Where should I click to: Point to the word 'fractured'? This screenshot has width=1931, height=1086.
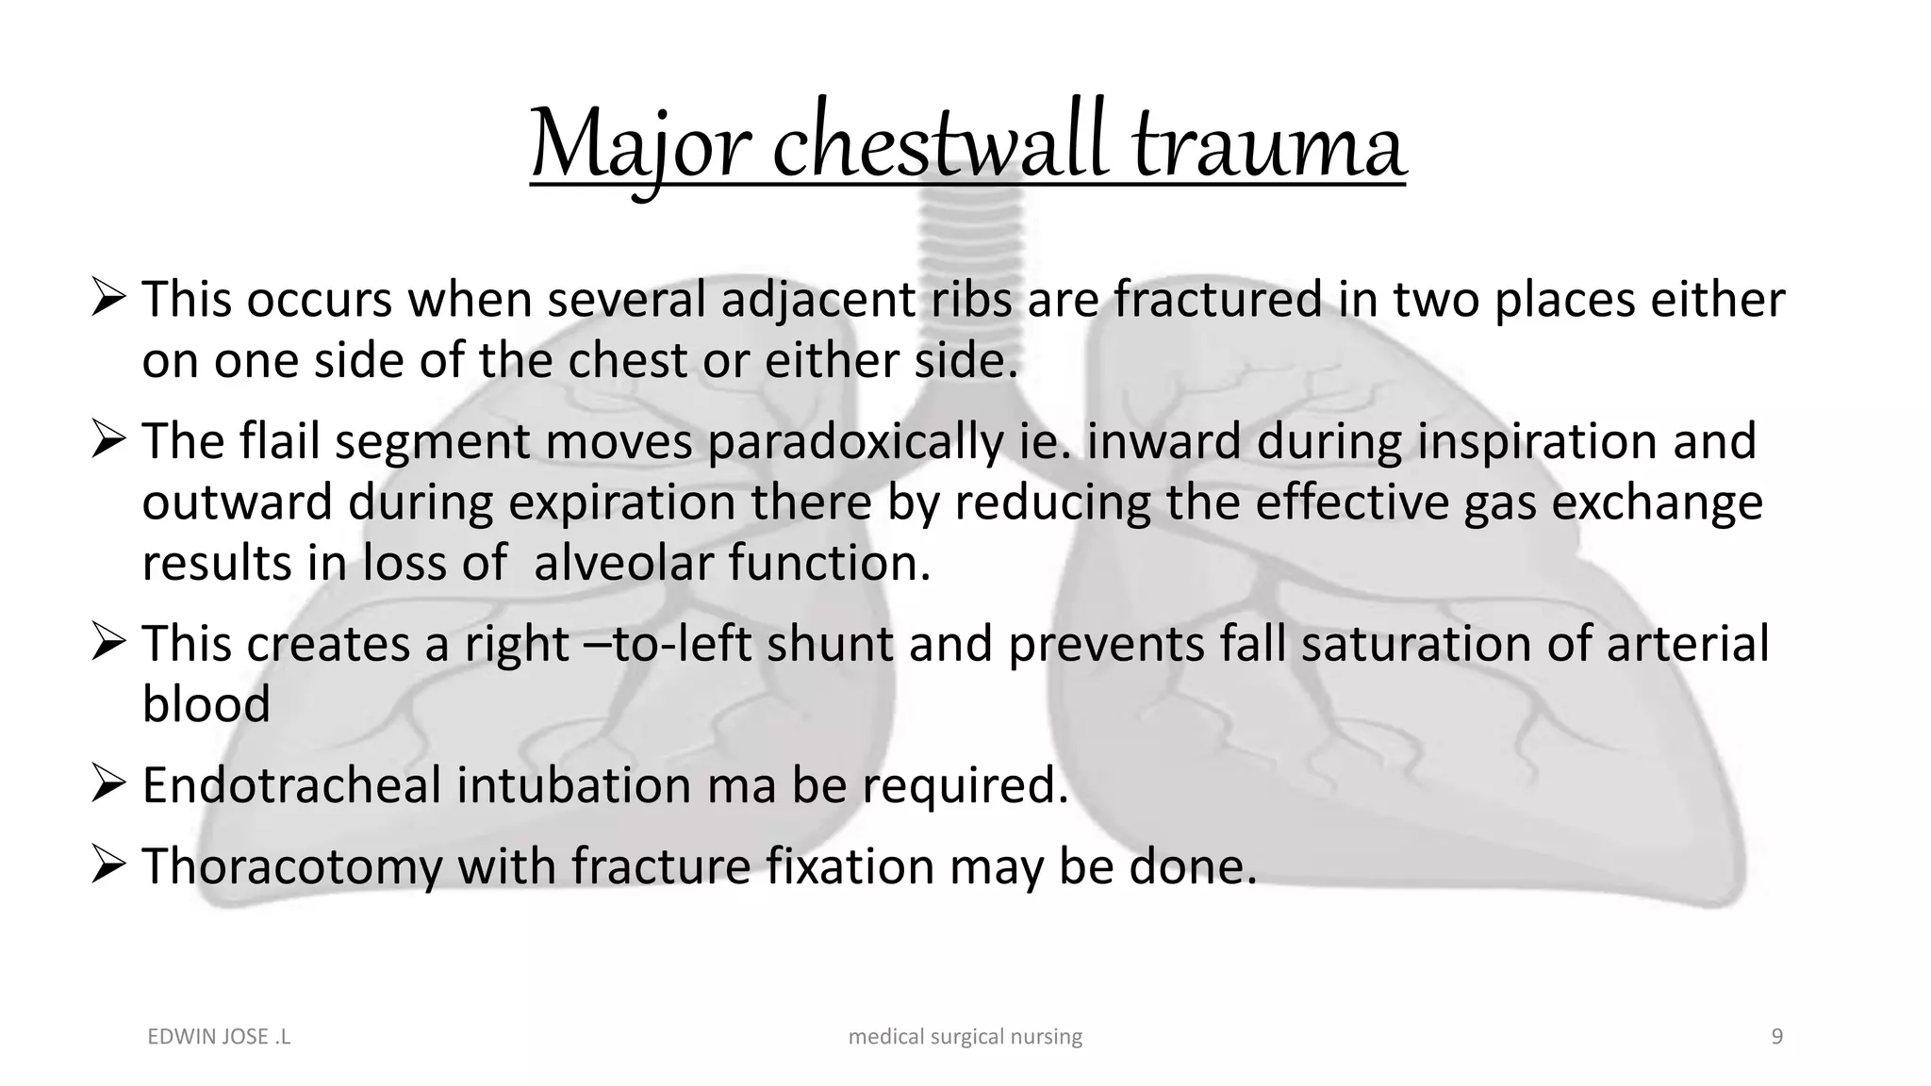click(x=1217, y=300)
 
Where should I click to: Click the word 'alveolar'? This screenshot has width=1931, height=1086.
click(x=623, y=564)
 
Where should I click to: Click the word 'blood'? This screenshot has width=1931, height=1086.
click(x=206, y=704)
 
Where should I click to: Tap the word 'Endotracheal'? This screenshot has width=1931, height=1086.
click(x=291, y=785)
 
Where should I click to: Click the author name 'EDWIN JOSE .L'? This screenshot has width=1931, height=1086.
click(x=219, y=1037)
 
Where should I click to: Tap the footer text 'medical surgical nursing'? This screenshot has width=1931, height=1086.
click(x=965, y=1037)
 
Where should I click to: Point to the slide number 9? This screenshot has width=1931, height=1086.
click(x=1777, y=1037)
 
